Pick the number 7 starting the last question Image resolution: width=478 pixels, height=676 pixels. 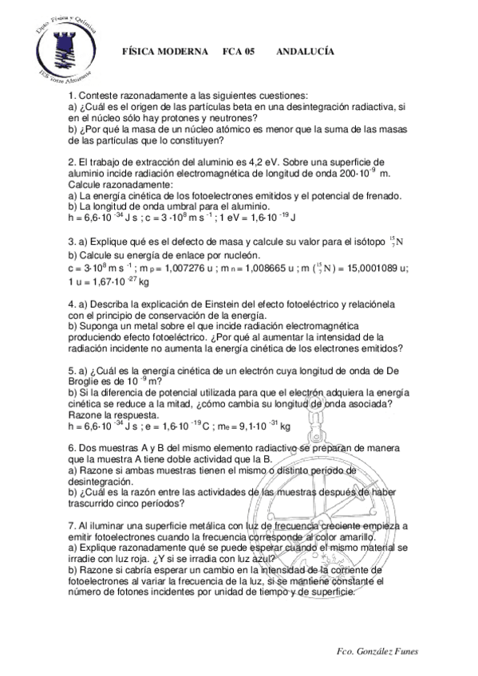pyautogui.click(x=71, y=526)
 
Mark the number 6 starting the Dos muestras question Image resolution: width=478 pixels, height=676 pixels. pyautogui.click(x=71, y=449)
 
